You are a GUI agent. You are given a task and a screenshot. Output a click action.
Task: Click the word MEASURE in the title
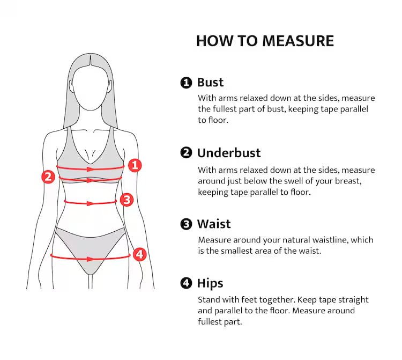click(x=298, y=41)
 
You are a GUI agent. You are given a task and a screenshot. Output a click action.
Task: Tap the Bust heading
click(x=210, y=83)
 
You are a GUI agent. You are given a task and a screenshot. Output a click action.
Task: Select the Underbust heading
click(x=229, y=153)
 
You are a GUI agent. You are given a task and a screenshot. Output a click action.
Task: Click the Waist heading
click(x=214, y=224)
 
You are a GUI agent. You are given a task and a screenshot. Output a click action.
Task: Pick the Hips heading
click(x=210, y=284)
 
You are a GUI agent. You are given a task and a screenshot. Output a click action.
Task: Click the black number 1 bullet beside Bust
click(x=186, y=83)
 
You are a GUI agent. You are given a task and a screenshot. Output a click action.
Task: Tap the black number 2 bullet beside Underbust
click(x=186, y=153)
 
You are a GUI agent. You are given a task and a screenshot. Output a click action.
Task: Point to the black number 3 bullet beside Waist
click(x=186, y=224)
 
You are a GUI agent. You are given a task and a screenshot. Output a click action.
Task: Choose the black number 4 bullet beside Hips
click(x=186, y=283)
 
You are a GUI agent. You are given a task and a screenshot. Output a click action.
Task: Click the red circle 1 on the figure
click(x=135, y=165)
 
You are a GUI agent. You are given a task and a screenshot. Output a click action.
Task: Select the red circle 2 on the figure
click(x=48, y=177)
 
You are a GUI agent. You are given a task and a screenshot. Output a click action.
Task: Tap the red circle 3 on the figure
click(x=126, y=200)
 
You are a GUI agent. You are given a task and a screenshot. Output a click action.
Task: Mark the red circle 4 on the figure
click(x=139, y=254)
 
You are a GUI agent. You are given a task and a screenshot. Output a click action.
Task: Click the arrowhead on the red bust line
click(x=90, y=169)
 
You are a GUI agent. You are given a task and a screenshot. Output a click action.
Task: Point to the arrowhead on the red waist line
click(x=90, y=203)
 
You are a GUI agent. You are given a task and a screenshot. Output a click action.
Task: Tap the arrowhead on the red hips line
click(x=90, y=259)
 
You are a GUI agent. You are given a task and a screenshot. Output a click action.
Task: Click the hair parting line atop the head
click(x=90, y=60)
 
